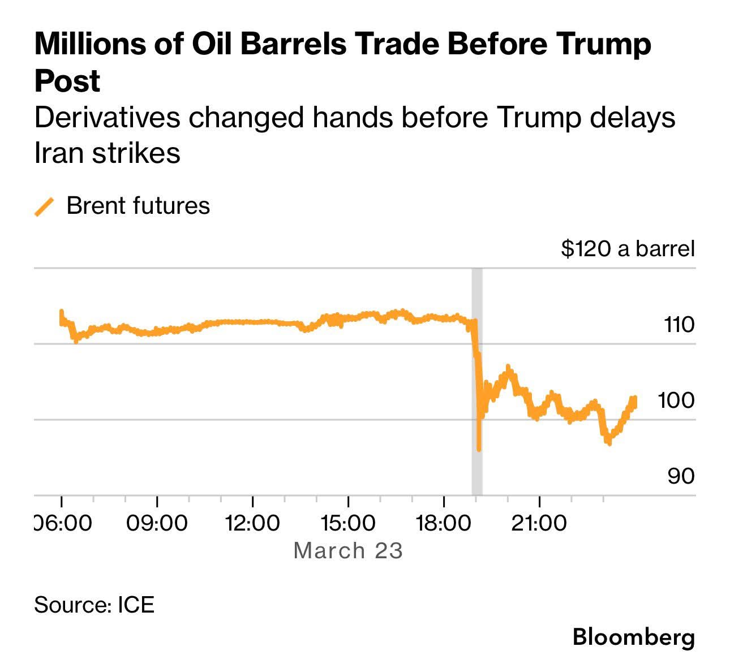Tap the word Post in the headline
pyautogui.click(x=67, y=81)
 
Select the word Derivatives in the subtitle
pyautogui.click(x=108, y=118)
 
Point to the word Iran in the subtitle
pyautogui.click(x=59, y=153)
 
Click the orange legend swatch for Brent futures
pyautogui.click(x=44, y=206)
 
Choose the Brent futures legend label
pyautogui.click(x=138, y=205)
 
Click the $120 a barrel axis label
pyautogui.click(x=628, y=248)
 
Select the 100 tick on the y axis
pyautogui.click(x=676, y=400)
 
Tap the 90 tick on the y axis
pyautogui.click(x=681, y=476)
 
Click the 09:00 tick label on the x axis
pyautogui.click(x=157, y=523)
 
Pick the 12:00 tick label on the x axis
pyautogui.click(x=252, y=523)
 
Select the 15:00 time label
pyautogui.click(x=348, y=523)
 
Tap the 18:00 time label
pyautogui.click(x=444, y=523)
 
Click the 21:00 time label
pyautogui.click(x=539, y=523)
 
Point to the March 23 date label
pyautogui.click(x=348, y=550)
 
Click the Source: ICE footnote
pyautogui.click(x=94, y=604)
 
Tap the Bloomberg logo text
pyautogui.click(x=633, y=637)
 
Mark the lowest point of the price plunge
pyautogui.click(x=479, y=449)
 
